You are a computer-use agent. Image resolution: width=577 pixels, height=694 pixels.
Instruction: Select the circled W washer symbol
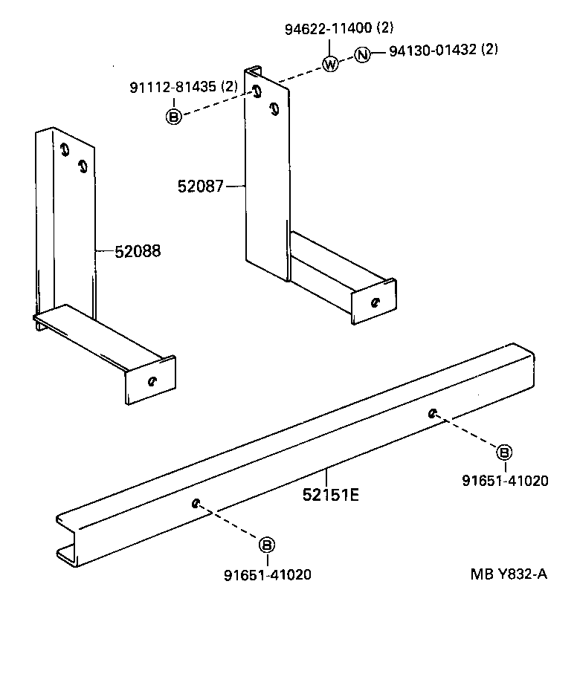click(x=331, y=65)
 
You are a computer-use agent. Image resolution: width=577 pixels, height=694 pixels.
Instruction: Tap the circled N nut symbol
click(x=361, y=54)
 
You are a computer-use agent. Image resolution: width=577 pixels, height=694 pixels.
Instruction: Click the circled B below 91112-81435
click(x=173, y=116)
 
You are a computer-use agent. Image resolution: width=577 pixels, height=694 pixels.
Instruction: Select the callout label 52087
click(x=200, y=186)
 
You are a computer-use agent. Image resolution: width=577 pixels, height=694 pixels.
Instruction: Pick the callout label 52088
click(x=138, y=252)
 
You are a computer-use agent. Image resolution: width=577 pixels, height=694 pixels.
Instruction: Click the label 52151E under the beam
click(x=330, y=493)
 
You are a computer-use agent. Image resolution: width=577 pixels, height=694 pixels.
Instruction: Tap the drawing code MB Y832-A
click(x=509, y=574)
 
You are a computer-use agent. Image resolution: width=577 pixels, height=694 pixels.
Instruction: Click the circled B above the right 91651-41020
click(x=504, y=452)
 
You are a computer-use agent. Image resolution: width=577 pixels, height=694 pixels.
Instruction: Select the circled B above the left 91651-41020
click(x=266, y=545)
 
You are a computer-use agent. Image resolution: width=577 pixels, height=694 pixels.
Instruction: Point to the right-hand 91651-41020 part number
click(x=505, y=481)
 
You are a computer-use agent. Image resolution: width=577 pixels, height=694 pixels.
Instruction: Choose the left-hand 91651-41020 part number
click(x=268, y=574)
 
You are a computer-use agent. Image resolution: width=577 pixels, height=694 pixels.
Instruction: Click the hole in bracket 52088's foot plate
click(x=152, y=381)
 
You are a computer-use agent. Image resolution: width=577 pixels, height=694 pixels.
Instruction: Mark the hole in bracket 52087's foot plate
click(x=375, y=302)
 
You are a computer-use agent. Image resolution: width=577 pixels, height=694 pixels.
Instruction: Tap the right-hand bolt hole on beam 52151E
click(x=432, y=412)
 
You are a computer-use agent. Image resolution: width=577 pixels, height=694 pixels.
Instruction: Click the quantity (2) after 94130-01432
click(x=489, y=50)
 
